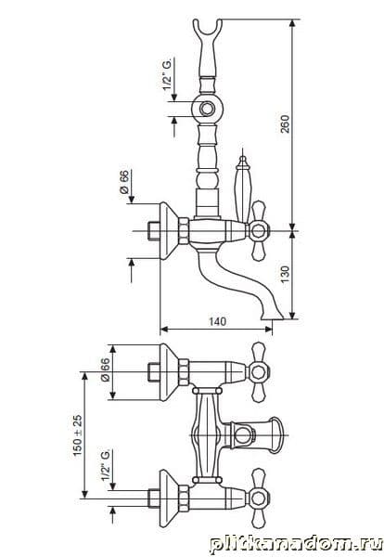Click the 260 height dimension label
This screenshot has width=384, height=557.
point(285,123)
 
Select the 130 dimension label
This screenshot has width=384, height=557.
point(285,274)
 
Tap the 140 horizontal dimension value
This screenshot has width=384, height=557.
point(217,321)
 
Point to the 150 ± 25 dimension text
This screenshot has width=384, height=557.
point(77,435)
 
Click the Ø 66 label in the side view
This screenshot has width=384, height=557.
point(124,182)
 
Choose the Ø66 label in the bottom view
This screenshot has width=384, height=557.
point(106,369)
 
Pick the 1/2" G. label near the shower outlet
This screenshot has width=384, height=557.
point(168,74)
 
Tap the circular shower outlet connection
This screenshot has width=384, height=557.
point(206,109)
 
